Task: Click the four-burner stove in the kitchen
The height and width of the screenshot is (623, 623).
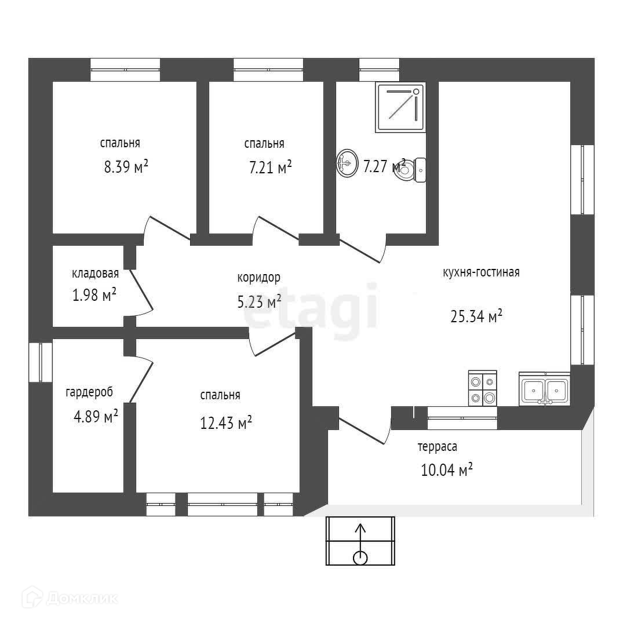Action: point(482,388)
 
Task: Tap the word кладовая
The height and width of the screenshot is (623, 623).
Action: point(95,274)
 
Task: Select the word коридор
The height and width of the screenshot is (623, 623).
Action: point(258,277)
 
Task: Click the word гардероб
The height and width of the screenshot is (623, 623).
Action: point(89,392)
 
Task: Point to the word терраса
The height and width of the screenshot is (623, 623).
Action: point(438,447)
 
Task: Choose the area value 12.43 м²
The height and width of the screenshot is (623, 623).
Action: point(225,424)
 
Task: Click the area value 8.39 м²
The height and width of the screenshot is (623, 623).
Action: point(126,167)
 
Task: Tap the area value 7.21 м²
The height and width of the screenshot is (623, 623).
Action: point(270,167)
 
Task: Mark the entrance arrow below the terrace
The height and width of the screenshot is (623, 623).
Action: point(360,541)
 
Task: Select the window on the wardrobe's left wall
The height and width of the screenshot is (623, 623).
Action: point(41,363)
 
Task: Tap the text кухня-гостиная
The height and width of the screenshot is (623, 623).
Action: point(480,272)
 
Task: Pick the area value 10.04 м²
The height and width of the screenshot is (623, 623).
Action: point(446,469)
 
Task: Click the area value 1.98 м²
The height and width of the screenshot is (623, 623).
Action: point(94,296)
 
